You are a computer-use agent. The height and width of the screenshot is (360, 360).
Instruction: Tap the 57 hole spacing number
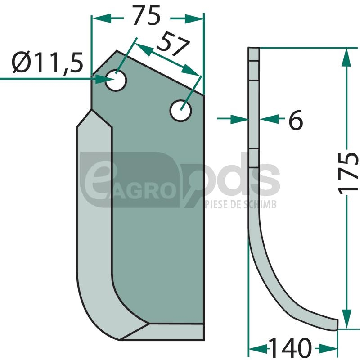point(173,44)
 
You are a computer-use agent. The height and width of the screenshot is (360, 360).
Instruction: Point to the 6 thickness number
point(296,120)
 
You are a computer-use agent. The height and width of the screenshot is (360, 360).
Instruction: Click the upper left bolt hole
point(116,81)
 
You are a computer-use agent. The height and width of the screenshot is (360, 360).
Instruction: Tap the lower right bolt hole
point(181,111)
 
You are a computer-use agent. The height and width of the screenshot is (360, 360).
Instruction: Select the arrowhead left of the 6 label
point(239,119)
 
